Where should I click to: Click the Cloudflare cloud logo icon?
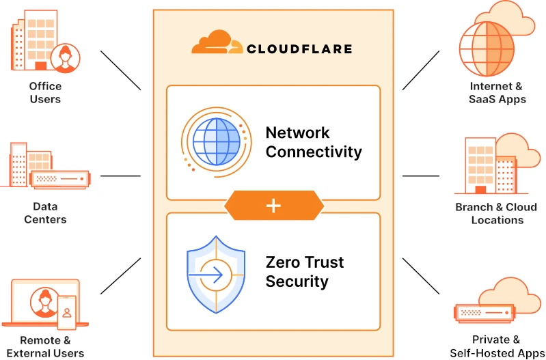(216, 43)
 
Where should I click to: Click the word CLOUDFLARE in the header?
(299, 49)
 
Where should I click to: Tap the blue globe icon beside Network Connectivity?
(216, 142)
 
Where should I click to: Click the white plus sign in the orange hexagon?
(274, 206)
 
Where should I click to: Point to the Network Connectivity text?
(314, 142)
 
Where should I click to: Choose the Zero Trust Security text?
(305, 272)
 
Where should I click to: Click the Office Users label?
(45, 93)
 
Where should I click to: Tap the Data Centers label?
(45, 213)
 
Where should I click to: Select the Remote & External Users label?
(45, 346)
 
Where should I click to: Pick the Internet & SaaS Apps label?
(497, 93)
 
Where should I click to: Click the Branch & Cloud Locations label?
(497, 213)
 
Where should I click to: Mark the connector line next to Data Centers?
(120, 176)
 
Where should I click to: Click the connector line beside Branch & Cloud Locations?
(424, 176)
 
